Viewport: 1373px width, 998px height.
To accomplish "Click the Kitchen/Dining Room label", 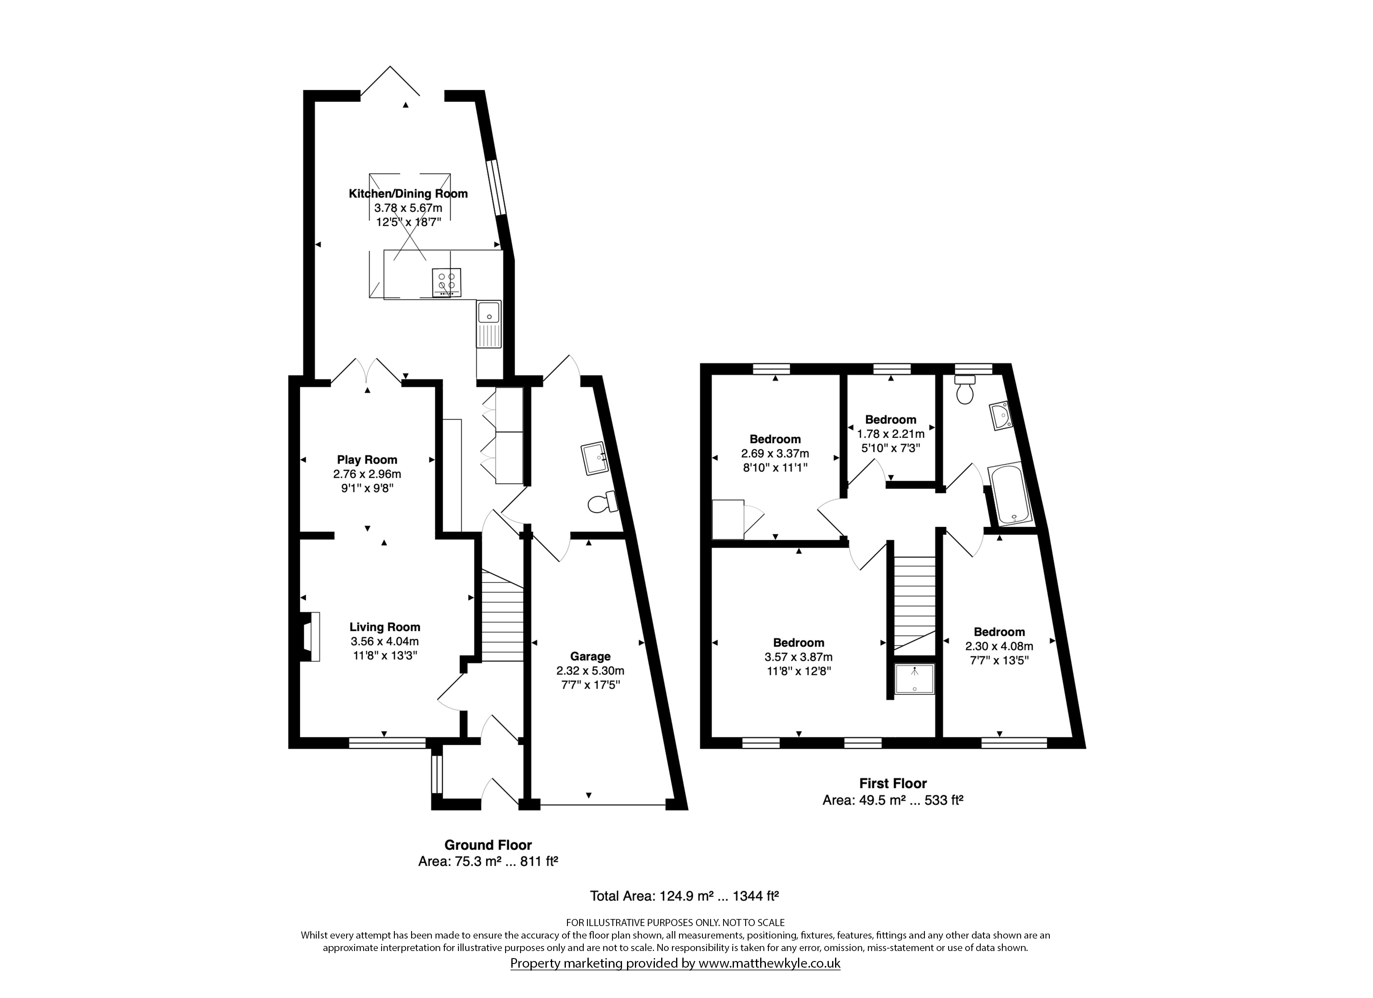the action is pyautogui.click(x=408, y=194).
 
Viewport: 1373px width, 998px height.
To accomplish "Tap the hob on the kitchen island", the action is pyautogui.click(x=447, y=283).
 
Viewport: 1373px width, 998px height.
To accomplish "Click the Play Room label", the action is pyautogui.click(x=367, y=460).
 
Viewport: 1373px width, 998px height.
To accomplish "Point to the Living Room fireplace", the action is pyautogui.click(x=310, y=637).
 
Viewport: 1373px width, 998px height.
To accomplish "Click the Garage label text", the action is pyautogui.click(x=590, y=657).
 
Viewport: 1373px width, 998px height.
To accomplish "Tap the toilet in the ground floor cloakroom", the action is pyautogui.click(x=602, y=502).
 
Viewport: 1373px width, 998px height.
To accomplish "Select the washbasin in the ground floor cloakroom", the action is pyautogui.click(x=593, y=459).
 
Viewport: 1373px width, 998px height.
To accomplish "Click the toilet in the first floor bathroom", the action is pyautogui.click(x=964, y=389).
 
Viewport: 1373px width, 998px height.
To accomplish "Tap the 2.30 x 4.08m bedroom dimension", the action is pyautogui.click(x=999, y=646).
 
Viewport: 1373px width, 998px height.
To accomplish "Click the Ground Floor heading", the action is pyautogui.click(x=488, y=845).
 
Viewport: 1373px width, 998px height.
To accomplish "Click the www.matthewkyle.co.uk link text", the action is pyautogui.click(x=769, y=963).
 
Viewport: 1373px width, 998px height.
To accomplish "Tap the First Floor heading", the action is pyautogui.click(x=893, y=784).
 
